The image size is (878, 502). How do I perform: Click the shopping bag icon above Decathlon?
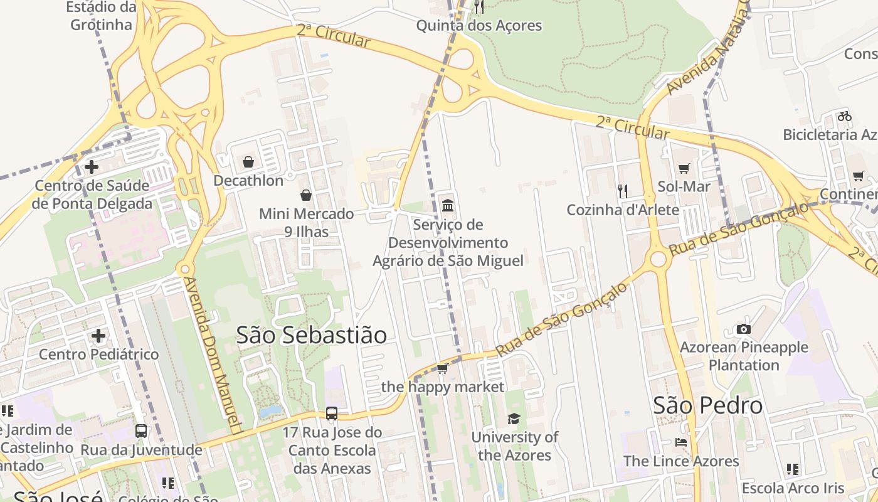point(248,162)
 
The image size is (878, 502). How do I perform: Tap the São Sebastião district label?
point(312,335)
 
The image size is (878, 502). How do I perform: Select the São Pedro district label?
point(708,405)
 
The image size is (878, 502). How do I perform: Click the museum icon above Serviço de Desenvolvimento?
point(448,205)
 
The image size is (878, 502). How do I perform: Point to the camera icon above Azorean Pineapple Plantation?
point(743,329)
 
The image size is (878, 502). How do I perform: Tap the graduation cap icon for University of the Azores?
point(514,419)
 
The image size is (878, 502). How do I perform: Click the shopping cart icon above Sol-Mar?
point(684,168)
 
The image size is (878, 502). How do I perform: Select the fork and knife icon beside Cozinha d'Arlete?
point(623,191)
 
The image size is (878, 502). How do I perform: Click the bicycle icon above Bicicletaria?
point(844,116)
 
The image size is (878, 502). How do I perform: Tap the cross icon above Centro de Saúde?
point(92,167)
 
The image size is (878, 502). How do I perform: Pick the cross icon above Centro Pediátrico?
point(98,336)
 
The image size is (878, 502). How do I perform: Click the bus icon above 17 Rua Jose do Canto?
point(332,414)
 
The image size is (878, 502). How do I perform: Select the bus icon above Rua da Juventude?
point(141,431)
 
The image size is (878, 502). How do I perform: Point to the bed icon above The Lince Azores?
point(681,442)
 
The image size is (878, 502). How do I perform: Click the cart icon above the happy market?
point(442,368)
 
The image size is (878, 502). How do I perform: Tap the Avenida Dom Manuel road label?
point(213,355)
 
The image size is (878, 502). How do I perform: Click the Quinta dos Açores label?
point(479,26)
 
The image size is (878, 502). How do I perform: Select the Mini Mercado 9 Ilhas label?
point(306,222)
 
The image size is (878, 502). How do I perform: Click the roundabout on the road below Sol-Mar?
point(658,259)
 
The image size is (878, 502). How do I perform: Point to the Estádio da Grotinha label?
point(101,16)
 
